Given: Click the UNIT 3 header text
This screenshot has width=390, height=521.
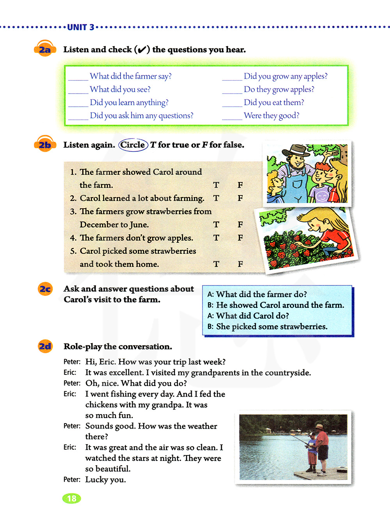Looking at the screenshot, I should tap(81, 27).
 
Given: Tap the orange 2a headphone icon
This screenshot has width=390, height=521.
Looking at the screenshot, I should tap(45, 50).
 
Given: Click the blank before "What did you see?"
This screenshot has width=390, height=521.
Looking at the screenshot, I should tap(78, 92).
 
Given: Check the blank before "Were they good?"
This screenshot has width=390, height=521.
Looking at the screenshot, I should tap(232, 119).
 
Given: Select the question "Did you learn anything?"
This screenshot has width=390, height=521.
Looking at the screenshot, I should tap(129, 103).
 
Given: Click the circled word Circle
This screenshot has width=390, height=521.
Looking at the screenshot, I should tap(133, 145).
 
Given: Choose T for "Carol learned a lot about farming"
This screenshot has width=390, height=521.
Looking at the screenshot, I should tap(216, 198).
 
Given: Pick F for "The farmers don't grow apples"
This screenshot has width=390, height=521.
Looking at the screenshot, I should tap(240, 238).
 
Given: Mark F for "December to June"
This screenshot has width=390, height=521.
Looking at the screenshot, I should tap(240, 225).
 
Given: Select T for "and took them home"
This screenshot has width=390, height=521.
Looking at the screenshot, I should tap(216, 264).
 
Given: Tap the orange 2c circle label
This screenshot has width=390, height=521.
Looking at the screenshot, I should tap(45, 289).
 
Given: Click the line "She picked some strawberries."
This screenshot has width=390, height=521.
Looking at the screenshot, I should tap(272, 327).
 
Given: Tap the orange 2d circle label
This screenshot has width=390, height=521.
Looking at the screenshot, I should tap(45, 346).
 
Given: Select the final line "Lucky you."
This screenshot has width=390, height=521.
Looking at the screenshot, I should tap(106, 480).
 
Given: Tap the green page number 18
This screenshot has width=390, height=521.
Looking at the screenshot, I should tap(71, 498).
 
